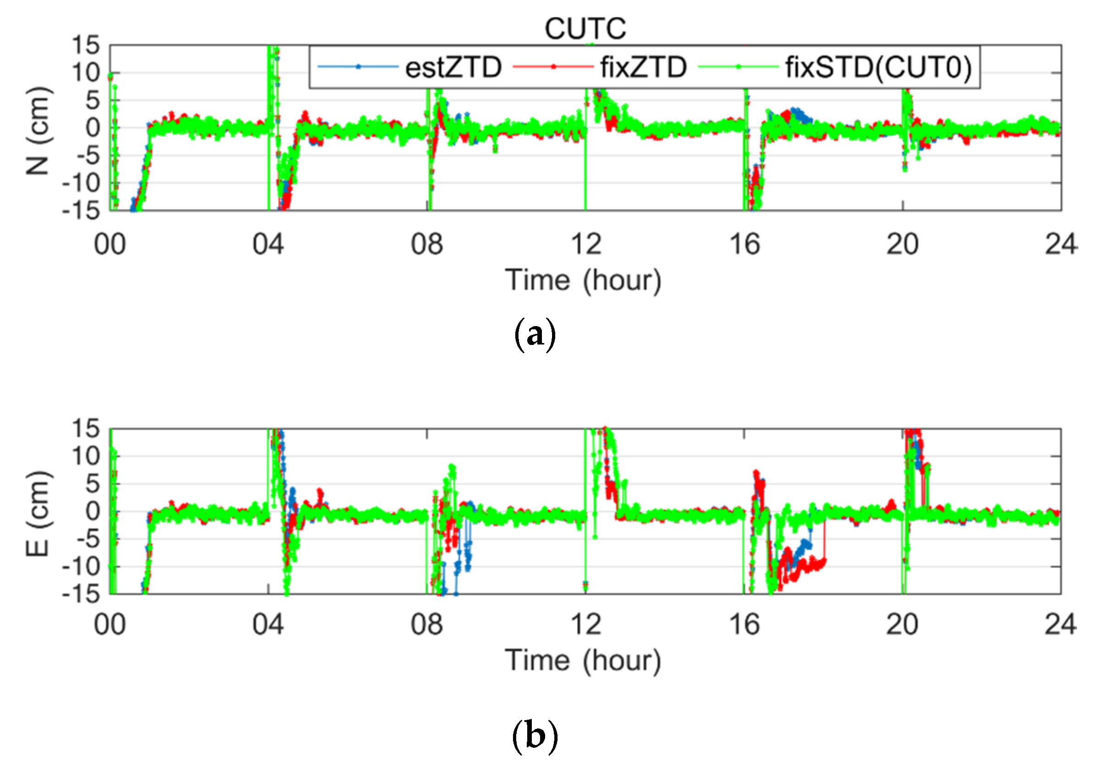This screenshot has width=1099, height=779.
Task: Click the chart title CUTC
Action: [585, 29]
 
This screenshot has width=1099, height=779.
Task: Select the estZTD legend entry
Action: [453, 67]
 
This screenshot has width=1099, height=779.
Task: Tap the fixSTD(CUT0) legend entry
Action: [878, 67]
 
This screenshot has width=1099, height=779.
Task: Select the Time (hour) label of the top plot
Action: [583, 280]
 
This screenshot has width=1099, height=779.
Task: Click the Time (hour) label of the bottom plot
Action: [583, 660]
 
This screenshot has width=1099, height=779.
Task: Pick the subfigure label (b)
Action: [535, 736]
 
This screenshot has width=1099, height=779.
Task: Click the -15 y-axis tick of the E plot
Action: [80, 594]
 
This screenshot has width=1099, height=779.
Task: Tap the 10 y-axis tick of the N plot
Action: [85, 73]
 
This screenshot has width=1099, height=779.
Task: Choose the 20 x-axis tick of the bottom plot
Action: [902, 625]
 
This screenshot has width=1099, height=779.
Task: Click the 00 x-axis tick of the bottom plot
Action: [110, 625]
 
